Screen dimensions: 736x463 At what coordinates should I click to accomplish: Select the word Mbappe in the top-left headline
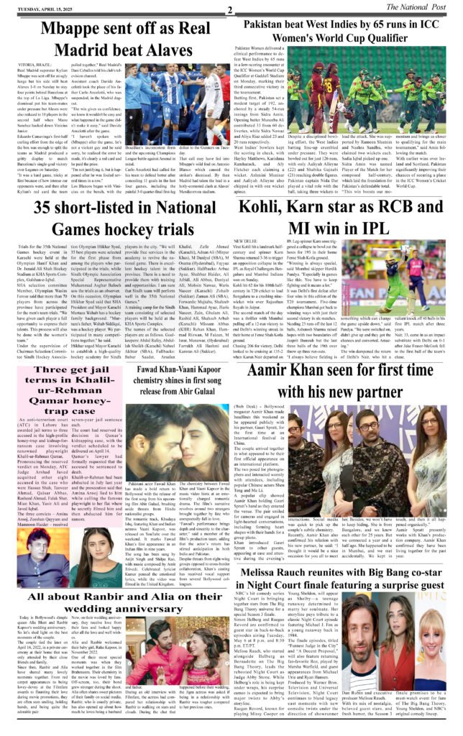pyautogui.click(x=69, y=29)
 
